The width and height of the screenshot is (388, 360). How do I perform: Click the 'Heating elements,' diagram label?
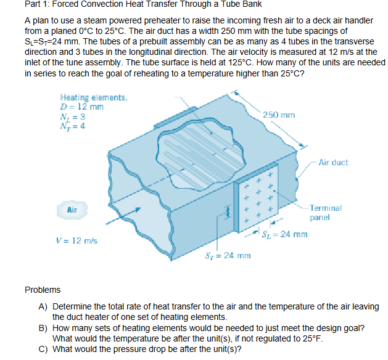[x=93, y=97]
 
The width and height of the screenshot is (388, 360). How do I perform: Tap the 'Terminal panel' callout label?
[x=324, y=213]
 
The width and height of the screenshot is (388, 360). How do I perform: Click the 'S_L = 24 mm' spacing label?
[x=284, y=234]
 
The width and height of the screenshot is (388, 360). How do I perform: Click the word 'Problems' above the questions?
[x=43, y=289]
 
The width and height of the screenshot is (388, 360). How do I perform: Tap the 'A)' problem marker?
[x=43, y=306]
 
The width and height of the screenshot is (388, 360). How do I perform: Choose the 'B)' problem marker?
[x=43, y=327]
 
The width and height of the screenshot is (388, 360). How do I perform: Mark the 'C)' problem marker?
[x=43, y=348]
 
